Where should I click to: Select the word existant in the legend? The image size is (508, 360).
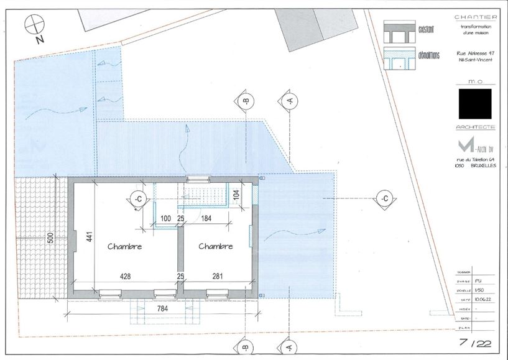click(x=427, y=29)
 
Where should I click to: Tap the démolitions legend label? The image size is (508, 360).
click(x=429, y=55)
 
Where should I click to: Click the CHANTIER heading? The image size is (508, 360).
click(x=475, y=17)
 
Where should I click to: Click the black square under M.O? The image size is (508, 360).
click(x=475, y=104)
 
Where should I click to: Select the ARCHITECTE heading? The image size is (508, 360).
click(x=475, y=127)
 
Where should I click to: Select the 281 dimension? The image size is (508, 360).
click(x=217, y=276)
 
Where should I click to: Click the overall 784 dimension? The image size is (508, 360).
click(x=161, y=308)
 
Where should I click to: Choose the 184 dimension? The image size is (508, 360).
click(x=206, y=219)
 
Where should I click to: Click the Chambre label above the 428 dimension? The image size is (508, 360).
click(x=125, y=246)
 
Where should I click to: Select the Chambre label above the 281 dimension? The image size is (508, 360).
click(x=216, y=246)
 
